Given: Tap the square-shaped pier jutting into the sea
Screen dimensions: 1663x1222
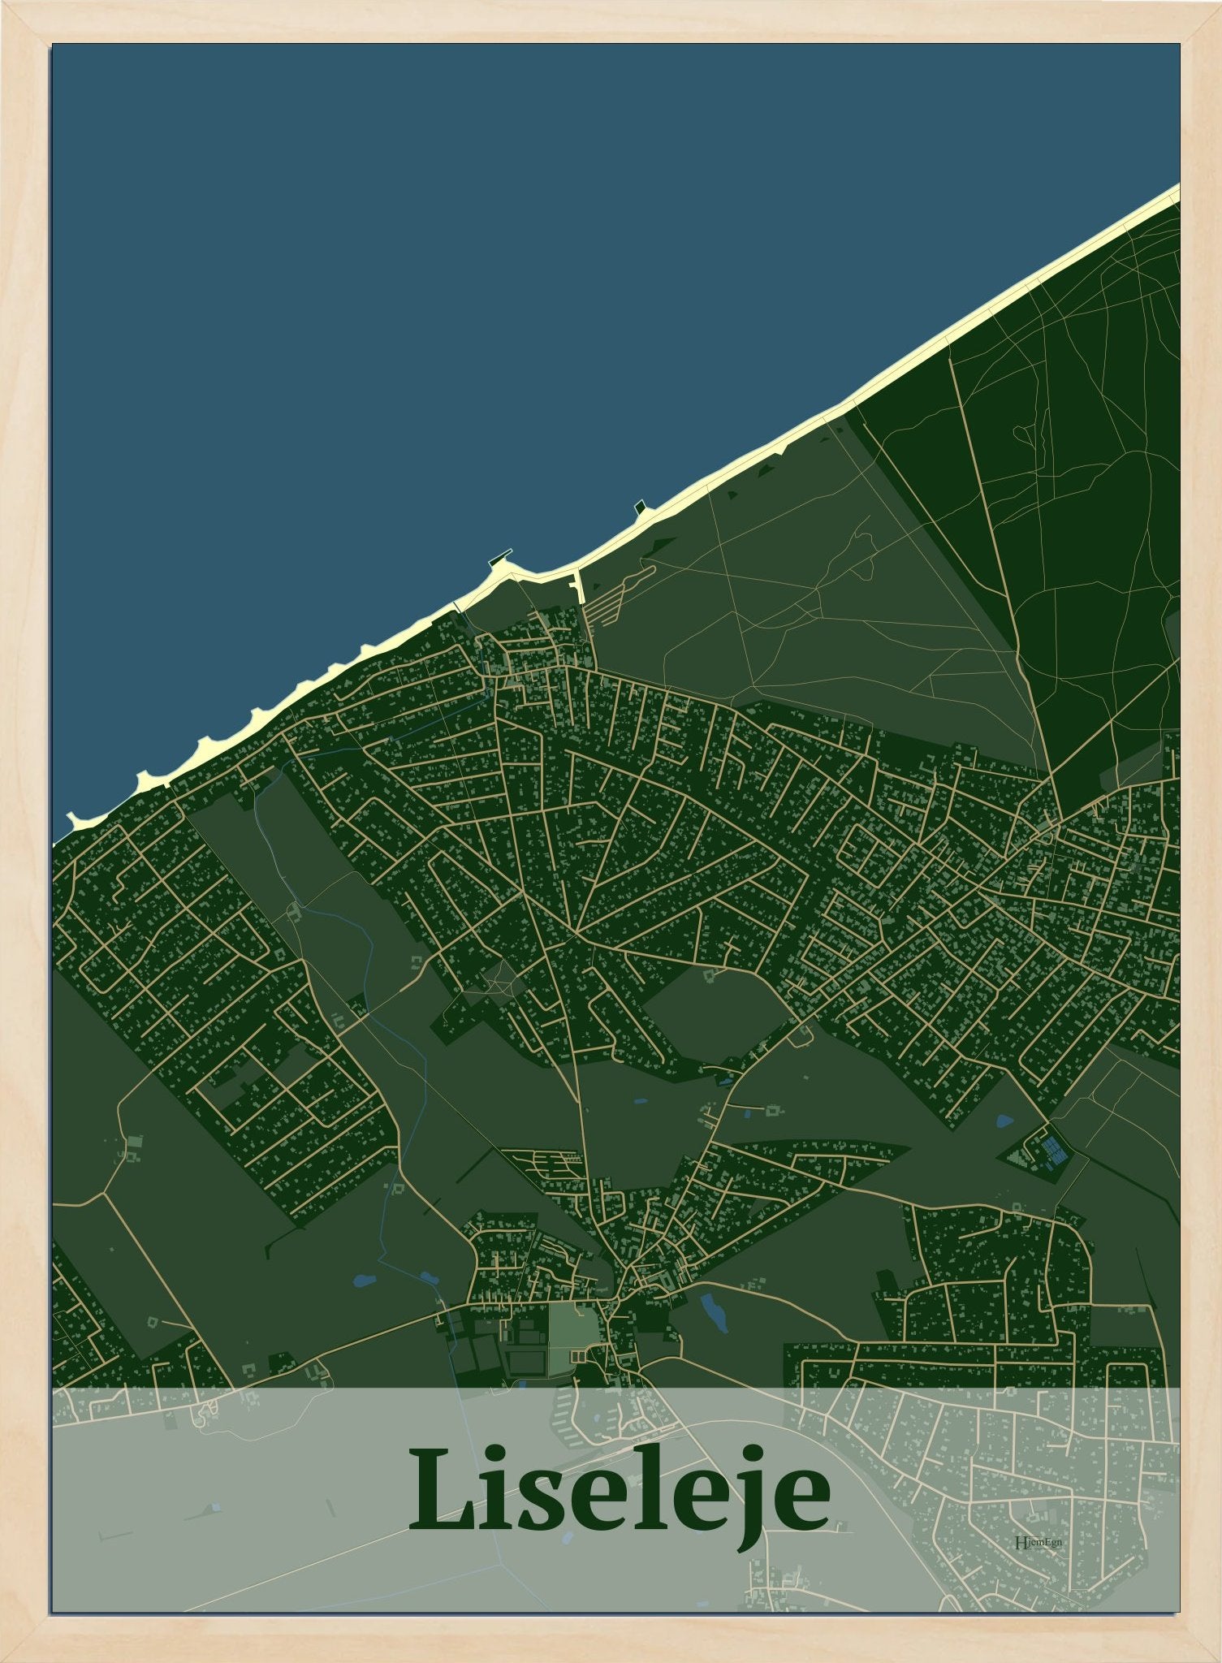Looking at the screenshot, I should click(642, 508).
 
